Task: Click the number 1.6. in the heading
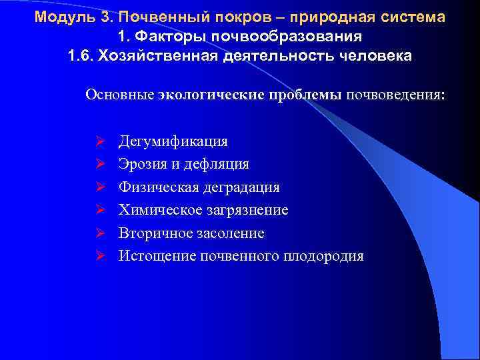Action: [x=81, y=55]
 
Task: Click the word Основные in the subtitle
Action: [x=120, y=95]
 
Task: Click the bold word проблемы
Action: [x=305, y=95]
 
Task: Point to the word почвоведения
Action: [x=397, y=95]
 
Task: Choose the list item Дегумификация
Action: [x=173, y=141]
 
